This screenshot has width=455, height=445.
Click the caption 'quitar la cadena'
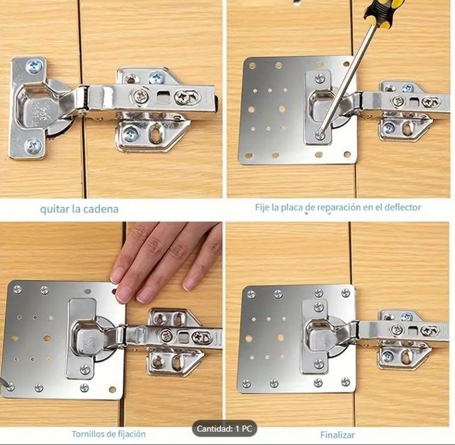point(79,209)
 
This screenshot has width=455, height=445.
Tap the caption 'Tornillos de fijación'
point(109,434)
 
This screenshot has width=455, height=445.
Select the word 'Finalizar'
point(338,435)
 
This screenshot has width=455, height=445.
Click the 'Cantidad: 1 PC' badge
point(225,429)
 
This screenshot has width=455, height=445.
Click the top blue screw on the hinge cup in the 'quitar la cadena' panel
point(35,66)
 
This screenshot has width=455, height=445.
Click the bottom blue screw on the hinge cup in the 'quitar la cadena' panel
point(33,146)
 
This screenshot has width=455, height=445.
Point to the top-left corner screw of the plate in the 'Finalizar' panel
point(251,294)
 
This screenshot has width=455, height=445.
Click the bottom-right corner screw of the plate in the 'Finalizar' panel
point(346,382)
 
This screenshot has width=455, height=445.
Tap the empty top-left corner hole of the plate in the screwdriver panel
point(252,66)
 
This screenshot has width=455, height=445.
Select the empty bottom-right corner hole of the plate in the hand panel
point(112,390)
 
